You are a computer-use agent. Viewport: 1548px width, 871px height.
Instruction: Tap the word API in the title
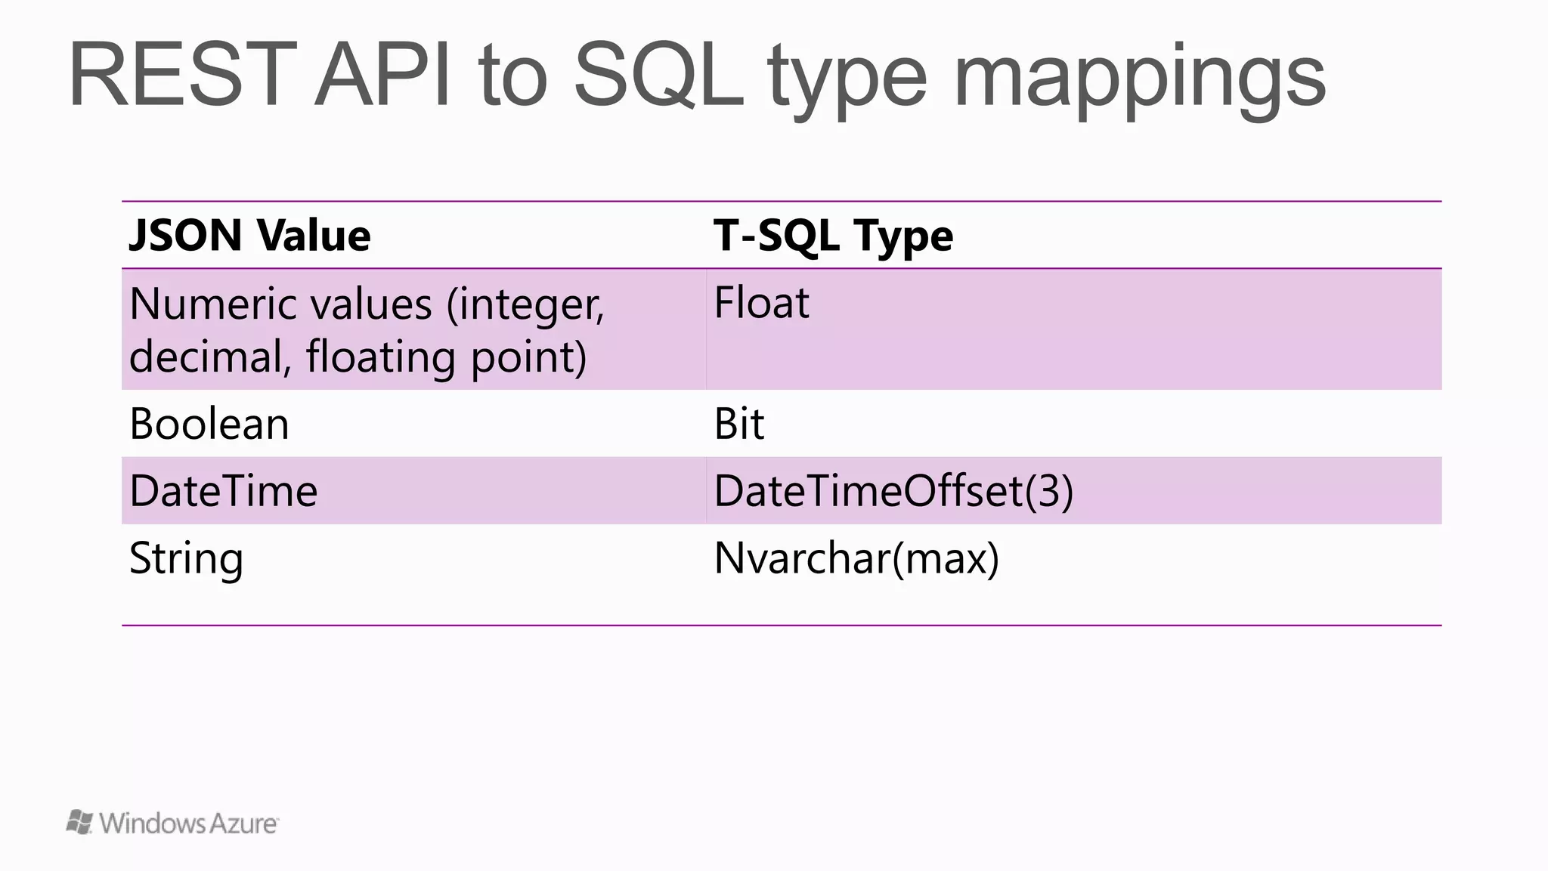[x=383, y=76]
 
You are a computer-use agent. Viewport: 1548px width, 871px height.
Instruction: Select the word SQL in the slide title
[x=659, y=76]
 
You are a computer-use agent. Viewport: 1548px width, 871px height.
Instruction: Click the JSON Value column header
[x=250, y=235]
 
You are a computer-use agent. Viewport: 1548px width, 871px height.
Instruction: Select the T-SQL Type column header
[x=833, y=236]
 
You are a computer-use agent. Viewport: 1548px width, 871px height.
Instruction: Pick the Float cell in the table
[x=761, y=303]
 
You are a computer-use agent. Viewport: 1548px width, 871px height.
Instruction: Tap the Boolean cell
[x=209, y=424]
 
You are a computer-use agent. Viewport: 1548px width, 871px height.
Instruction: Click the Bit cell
[x=738, y=424]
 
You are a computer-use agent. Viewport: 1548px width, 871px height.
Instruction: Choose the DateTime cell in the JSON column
[x=224, y=491]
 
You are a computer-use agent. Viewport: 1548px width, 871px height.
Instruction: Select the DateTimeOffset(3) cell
[x=893, y=491]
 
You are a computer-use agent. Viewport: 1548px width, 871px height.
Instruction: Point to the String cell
[x=186, y=560]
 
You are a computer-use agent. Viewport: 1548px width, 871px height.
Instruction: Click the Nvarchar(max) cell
[x=856, y=559]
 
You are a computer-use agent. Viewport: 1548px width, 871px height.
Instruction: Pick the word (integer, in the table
[x=525, y=306]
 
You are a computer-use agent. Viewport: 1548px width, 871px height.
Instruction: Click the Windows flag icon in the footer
[x=79, y=822]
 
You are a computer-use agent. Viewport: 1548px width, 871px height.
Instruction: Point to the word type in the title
[x=847, y=79]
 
